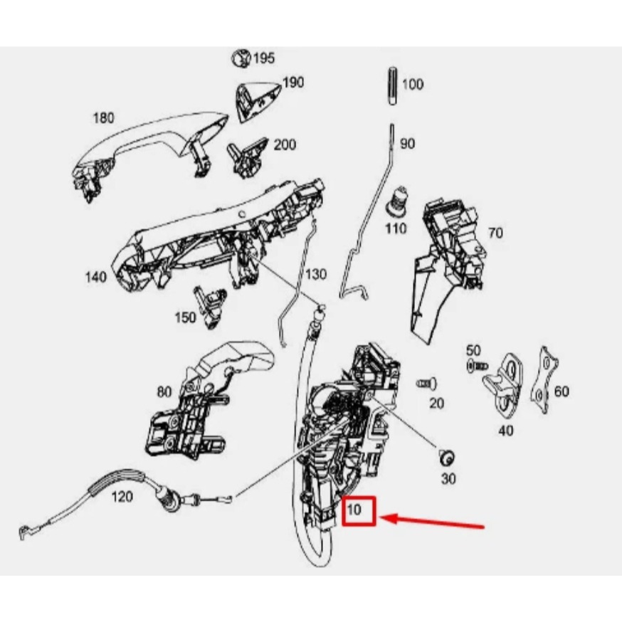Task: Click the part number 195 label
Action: [264, 58]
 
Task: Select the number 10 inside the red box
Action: [354, 510]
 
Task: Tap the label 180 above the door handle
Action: [103, 118]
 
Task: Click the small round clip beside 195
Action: [241, 58]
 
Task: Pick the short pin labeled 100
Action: [392, 86]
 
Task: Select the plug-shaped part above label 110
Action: [397, 202]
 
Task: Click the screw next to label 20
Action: [427, 384]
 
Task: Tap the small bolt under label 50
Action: [478, 365]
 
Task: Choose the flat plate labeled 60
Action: [544, 379]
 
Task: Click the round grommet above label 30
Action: [447, 458]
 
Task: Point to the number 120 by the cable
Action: [122, 496]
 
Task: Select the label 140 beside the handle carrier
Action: [96, 277]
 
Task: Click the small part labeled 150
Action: [210, 307]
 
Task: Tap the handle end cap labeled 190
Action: [258, 101]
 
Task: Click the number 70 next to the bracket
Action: [495, 233]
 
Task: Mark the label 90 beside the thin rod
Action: [407, 144]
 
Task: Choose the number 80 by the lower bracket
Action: [164, 392]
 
